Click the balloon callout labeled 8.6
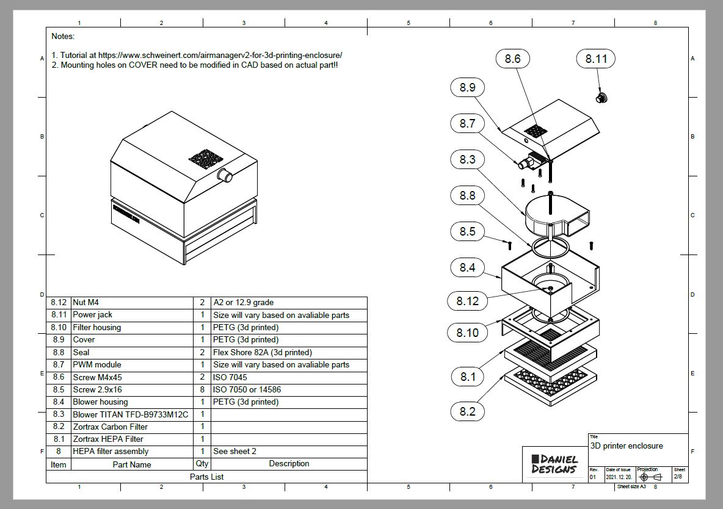(x=513, y=59)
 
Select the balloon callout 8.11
(x=596, y=59)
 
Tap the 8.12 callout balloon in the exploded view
(x=468, y=301)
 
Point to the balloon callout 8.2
(x=468, y=411)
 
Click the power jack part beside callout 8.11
(x=603, y=97)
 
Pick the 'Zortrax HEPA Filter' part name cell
(x=108, y=439)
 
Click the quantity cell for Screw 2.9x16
(x=202, y=389)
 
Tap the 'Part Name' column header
(x=132, y=464)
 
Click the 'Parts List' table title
(x=206, y=477)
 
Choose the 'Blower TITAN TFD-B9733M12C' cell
(x=131, y=414)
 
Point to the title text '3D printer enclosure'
(x=627, y=446)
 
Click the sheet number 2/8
(x=678, y=476)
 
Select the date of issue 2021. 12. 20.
(x=619, y=477)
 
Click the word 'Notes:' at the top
(x=63, y=37)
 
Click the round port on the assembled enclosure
(x=225, y=176)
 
